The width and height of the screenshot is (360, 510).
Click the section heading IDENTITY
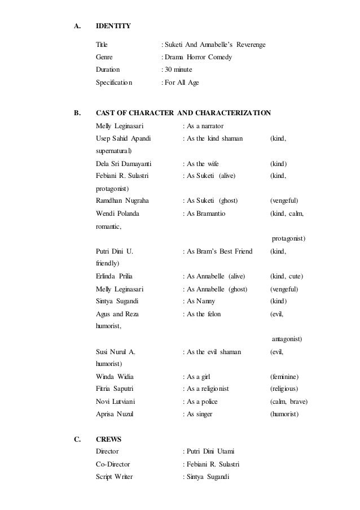pyautogui.click(x=113, y=25)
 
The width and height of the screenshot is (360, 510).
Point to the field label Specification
pyautogui.click(x=114, y=82)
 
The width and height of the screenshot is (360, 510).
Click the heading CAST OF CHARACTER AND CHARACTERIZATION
pyautogui.click(x=183, y=113)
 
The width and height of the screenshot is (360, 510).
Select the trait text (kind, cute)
pyautogui.click(x=287, y=276)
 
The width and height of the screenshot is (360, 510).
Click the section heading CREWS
pyautogui.click(x=108, y=438)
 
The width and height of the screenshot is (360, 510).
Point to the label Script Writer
pyautogui.click(x=115, y=477)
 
